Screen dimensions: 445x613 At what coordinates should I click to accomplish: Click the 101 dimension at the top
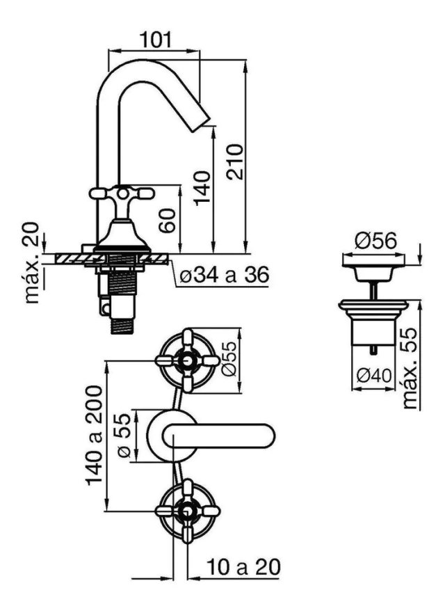156,40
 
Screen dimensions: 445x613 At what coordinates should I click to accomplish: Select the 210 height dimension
235,162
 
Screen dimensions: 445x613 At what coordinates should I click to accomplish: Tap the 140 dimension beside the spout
203,188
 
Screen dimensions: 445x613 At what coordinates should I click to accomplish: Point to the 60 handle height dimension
168,221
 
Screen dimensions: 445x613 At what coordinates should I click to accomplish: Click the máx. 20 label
33,263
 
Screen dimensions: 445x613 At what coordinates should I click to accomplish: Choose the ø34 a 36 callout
225,276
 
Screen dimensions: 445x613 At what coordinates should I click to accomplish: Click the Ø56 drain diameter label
375,241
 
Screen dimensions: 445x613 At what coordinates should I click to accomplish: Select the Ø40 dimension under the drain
374,376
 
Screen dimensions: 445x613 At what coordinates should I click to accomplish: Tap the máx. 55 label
410,369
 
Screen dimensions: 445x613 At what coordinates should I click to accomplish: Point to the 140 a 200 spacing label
94,436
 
